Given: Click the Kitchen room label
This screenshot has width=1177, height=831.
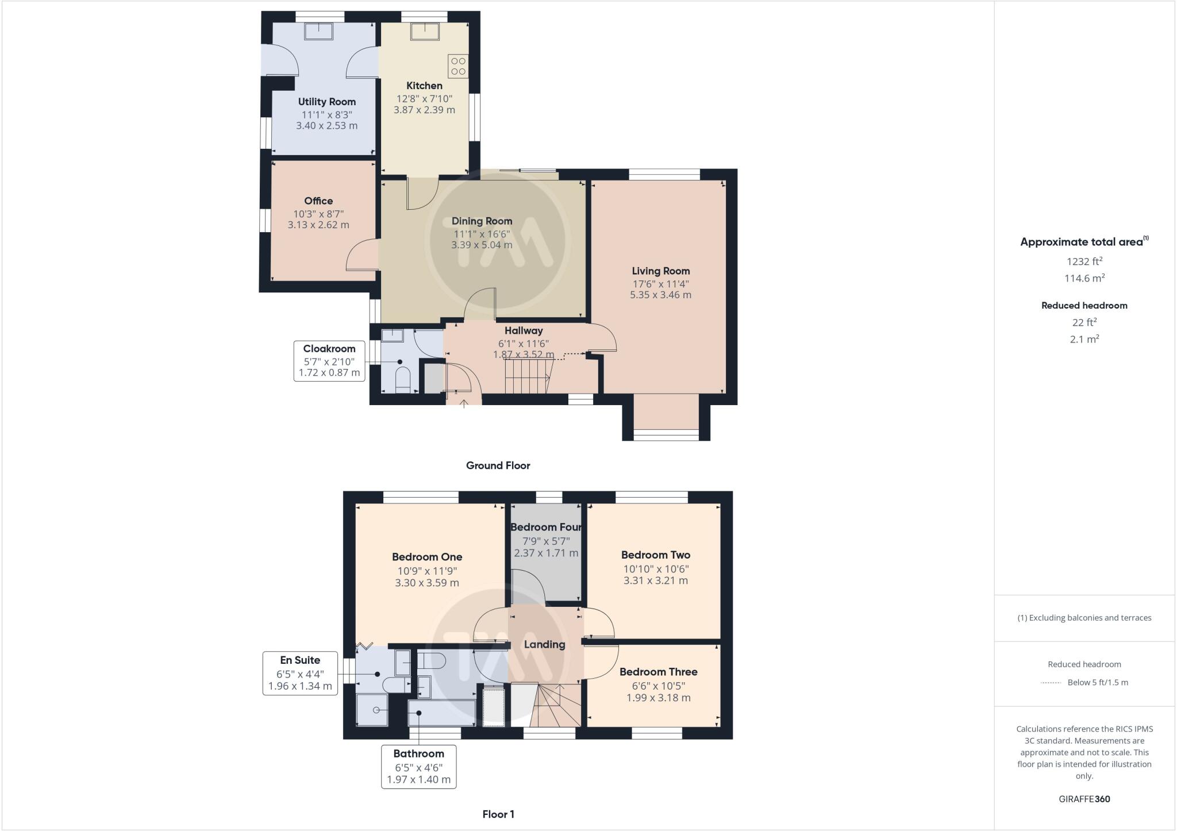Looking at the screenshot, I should tap(424, 86).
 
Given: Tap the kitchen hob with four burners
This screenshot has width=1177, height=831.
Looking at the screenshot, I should tap(458, 66).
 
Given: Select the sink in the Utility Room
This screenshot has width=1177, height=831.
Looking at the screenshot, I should tap(318, 31).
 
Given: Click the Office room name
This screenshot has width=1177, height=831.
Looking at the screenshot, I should tap(318, 201).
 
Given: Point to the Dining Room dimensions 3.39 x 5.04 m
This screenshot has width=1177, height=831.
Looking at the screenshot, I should tap(482, 245).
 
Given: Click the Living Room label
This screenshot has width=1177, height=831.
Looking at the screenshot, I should tap(660, 271).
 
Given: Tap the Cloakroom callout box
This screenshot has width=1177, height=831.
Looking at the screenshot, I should tap(329, 360).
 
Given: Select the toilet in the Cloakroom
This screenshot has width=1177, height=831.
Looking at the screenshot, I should tap(402, 379).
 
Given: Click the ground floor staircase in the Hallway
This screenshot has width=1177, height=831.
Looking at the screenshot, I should tap(526, 376).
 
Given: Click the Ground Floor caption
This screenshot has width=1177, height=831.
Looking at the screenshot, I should tap(498, 465).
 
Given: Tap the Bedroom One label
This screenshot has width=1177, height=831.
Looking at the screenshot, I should tap(427, 557).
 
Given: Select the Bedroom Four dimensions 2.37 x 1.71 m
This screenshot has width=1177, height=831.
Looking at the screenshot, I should tap(546, 553).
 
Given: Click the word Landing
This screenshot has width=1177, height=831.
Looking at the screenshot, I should tap(544, 644).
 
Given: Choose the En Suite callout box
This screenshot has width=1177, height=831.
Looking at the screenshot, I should tap(300, 673).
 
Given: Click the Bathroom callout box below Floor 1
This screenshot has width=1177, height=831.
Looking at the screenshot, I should tap(418, 767).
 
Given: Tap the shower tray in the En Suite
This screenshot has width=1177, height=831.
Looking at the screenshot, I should tap(372, 710).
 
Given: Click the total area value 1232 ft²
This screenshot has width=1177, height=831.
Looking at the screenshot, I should tap(1084, 261).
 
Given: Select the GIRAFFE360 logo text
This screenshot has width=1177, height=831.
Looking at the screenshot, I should tap(1084, 799).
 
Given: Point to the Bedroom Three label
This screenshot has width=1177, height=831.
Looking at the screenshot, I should tap(658, 672).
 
